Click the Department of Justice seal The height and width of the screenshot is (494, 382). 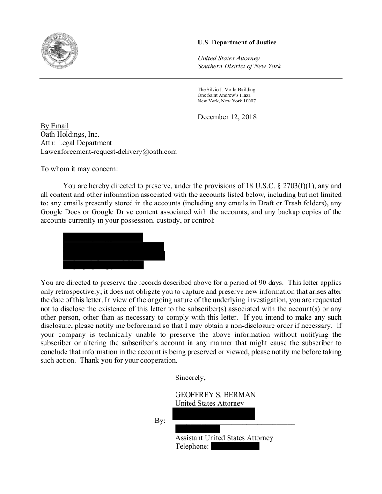[x=59, y=53]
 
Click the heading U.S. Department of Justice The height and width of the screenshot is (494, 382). [x=237, y=43]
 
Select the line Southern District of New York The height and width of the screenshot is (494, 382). [x=239, y=66]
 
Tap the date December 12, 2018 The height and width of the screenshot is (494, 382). [x=227, y=116]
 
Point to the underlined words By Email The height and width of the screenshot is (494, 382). [x=55, y=126]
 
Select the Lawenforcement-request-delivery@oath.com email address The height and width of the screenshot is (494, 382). [x=109, y=151]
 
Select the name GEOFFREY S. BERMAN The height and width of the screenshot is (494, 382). [x=215, y=395]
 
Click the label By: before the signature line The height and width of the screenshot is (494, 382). [x=160, y=421]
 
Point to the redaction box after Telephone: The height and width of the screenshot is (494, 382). [x=235, y=446]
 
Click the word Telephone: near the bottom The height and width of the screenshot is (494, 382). [x=192, y=446]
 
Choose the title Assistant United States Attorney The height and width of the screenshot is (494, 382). [x=224, y=438]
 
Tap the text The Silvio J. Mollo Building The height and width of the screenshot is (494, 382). [x=226, y=89]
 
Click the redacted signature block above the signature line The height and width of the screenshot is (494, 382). [x=213, y=414]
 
